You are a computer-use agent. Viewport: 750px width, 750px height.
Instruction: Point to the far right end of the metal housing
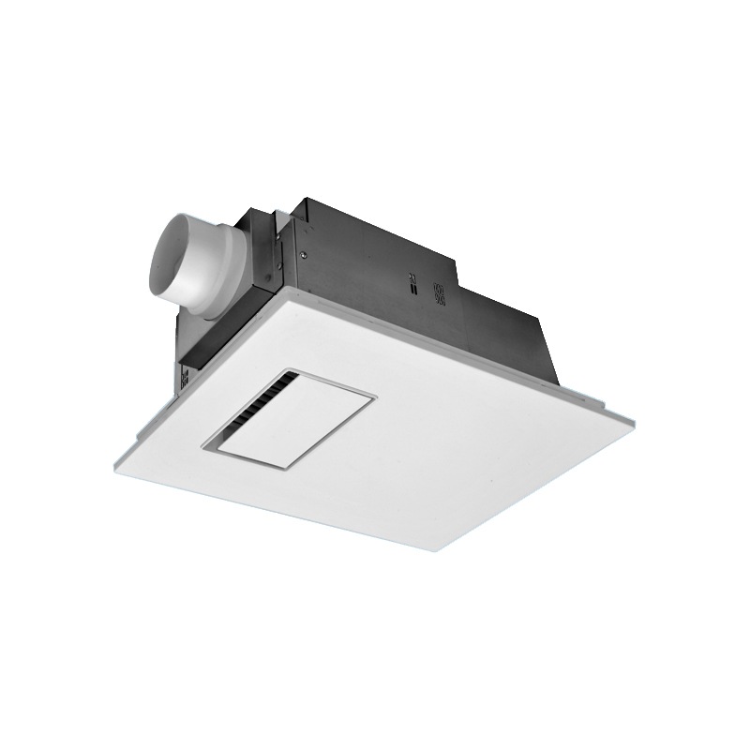click(x=557, y=380)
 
